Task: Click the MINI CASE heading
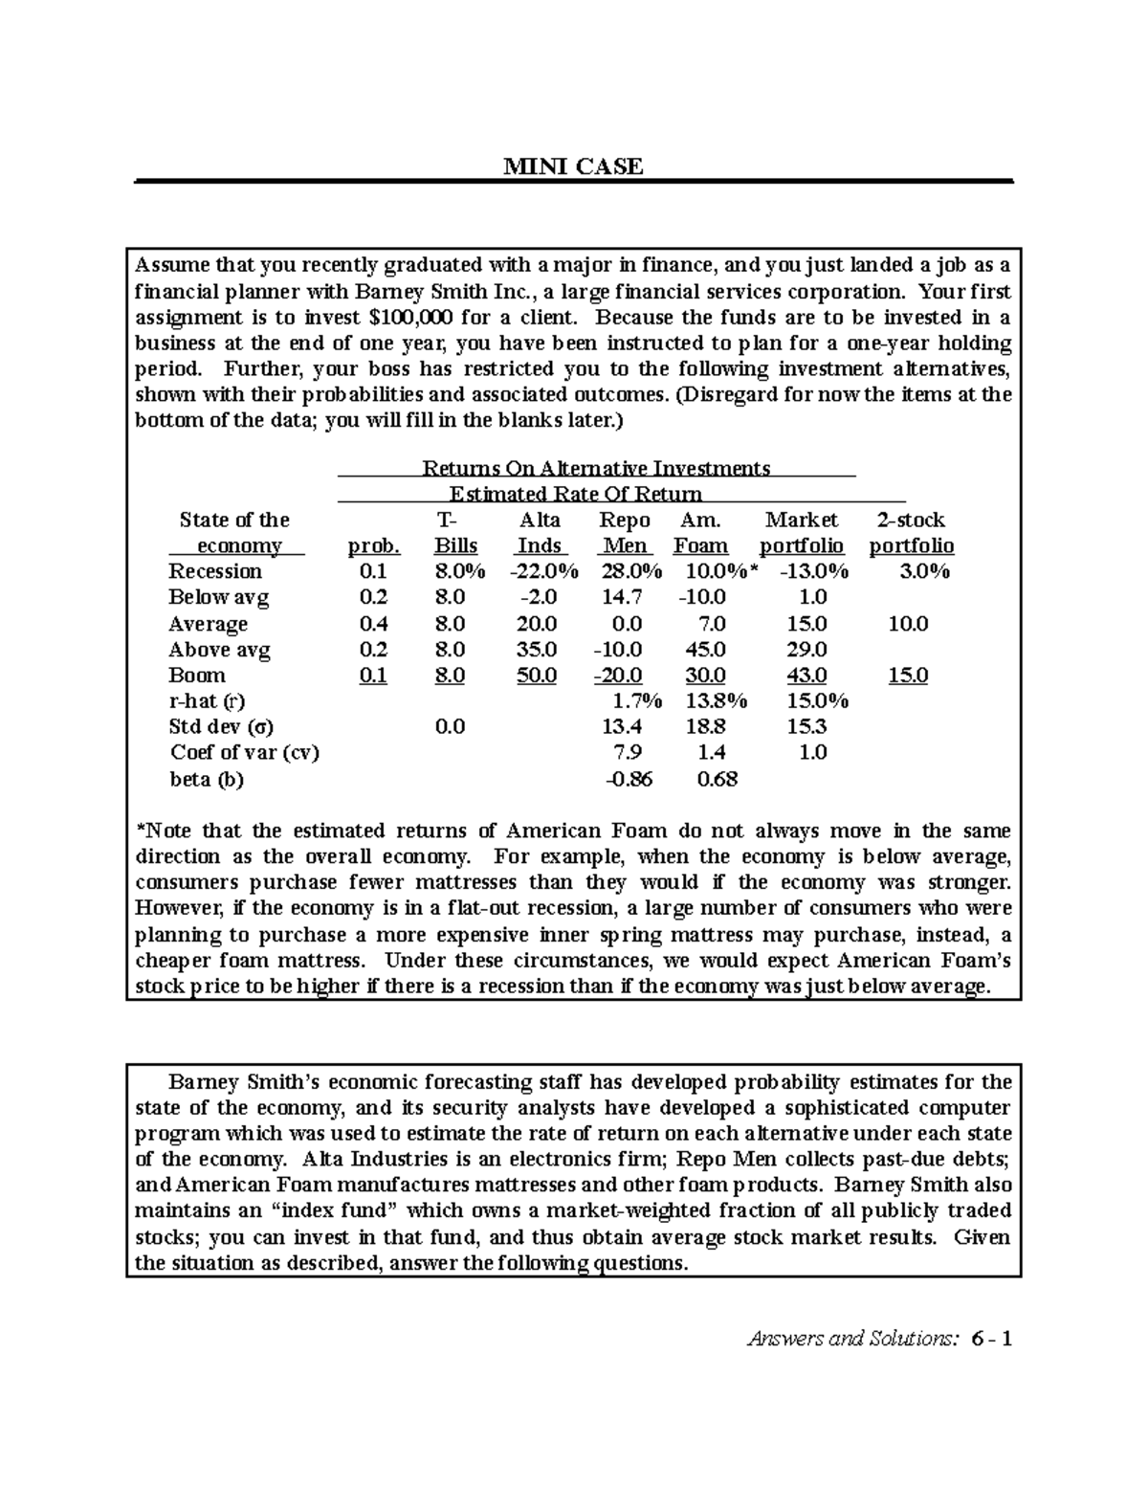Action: coord(573,166)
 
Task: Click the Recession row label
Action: coord(215,571)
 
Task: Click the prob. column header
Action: coord(373,546)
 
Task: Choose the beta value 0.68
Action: coord(717,779)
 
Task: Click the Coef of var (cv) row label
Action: coord(244,753)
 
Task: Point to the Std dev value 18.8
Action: coord(705,727)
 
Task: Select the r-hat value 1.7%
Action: coord(631,701)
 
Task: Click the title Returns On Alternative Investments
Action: coord(596,468)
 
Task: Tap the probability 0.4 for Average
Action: coord(373,624)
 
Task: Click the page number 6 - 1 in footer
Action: coord(991,1338)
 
